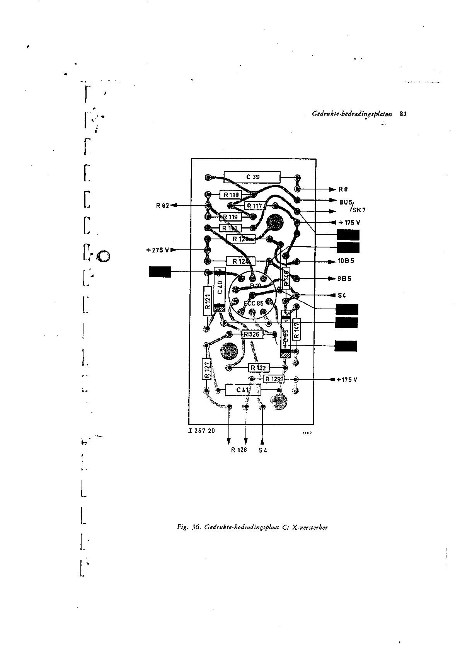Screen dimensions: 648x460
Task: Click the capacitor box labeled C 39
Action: (x=252, y=177)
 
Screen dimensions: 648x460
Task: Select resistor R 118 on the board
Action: (x=231, y=194)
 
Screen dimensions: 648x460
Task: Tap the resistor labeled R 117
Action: (x=254, y=206)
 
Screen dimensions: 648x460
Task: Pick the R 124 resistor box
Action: (x=240, y=261)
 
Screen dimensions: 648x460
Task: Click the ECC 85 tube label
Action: (x=253, y=304)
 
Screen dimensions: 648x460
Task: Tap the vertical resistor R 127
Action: (x=206, y=369)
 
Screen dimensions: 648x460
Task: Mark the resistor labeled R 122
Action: (x=258, y=368)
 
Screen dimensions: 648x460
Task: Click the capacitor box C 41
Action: (x=243, y=390)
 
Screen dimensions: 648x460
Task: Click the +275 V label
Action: (x=158, y=250)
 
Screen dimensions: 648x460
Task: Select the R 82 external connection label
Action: (x=163, y=205)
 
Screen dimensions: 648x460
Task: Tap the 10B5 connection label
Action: (x=346, y=261)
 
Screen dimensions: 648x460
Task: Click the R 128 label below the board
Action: (x=239, y=450)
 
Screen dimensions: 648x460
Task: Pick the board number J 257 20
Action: (x=202, y=431)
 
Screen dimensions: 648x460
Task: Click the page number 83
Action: (x=403, y=114)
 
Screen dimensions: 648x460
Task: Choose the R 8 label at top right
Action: (x=343, y=189)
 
